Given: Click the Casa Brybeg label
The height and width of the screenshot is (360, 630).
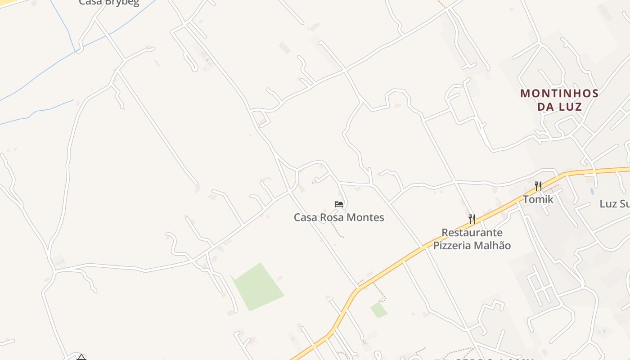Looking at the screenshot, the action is (109, 3).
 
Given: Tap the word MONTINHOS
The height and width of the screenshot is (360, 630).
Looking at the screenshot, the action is (559, 94).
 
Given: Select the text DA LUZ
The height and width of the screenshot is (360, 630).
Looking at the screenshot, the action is (559, 107).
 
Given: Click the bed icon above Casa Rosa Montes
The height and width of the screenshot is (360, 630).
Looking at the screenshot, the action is (339, 204).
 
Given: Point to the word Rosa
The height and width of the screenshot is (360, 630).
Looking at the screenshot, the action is (332, 217).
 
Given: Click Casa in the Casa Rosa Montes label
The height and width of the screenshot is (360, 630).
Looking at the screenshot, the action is (306, 217).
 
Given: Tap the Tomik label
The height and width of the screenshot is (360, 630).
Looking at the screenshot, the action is (538, 199).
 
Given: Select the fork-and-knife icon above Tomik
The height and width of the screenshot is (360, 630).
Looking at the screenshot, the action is (538, 186).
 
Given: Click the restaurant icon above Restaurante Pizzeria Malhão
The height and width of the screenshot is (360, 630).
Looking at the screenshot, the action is (472, 219).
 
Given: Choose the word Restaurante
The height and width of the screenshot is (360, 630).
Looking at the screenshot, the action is (472, 233).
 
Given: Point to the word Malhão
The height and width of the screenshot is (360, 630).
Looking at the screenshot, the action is (494, 245).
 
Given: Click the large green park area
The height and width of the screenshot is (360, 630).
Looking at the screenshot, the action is (258, 287).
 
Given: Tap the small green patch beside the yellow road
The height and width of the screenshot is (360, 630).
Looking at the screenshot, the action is (378, 310).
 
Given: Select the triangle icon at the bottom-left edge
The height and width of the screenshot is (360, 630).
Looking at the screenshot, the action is (81, 357).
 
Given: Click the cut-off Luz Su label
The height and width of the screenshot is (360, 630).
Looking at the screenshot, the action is (614, 204).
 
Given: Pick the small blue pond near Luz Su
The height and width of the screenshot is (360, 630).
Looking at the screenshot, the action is (592, 191).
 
